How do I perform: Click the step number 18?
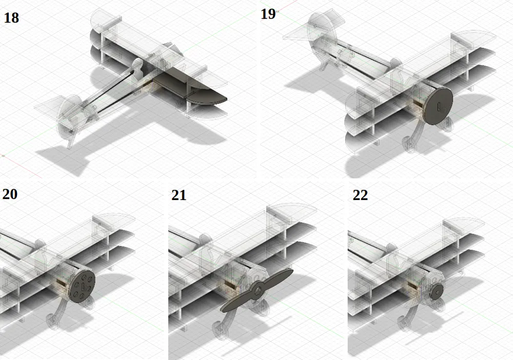click(11, 17)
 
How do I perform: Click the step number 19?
click(268, 14)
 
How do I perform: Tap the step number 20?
click(10, 194)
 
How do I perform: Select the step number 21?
click(179, 195)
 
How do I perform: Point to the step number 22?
click(360, 195)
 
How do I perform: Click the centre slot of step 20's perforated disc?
click(83, 287)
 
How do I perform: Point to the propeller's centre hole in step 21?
click(259, 290)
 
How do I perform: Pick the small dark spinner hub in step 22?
click(437, 291)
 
